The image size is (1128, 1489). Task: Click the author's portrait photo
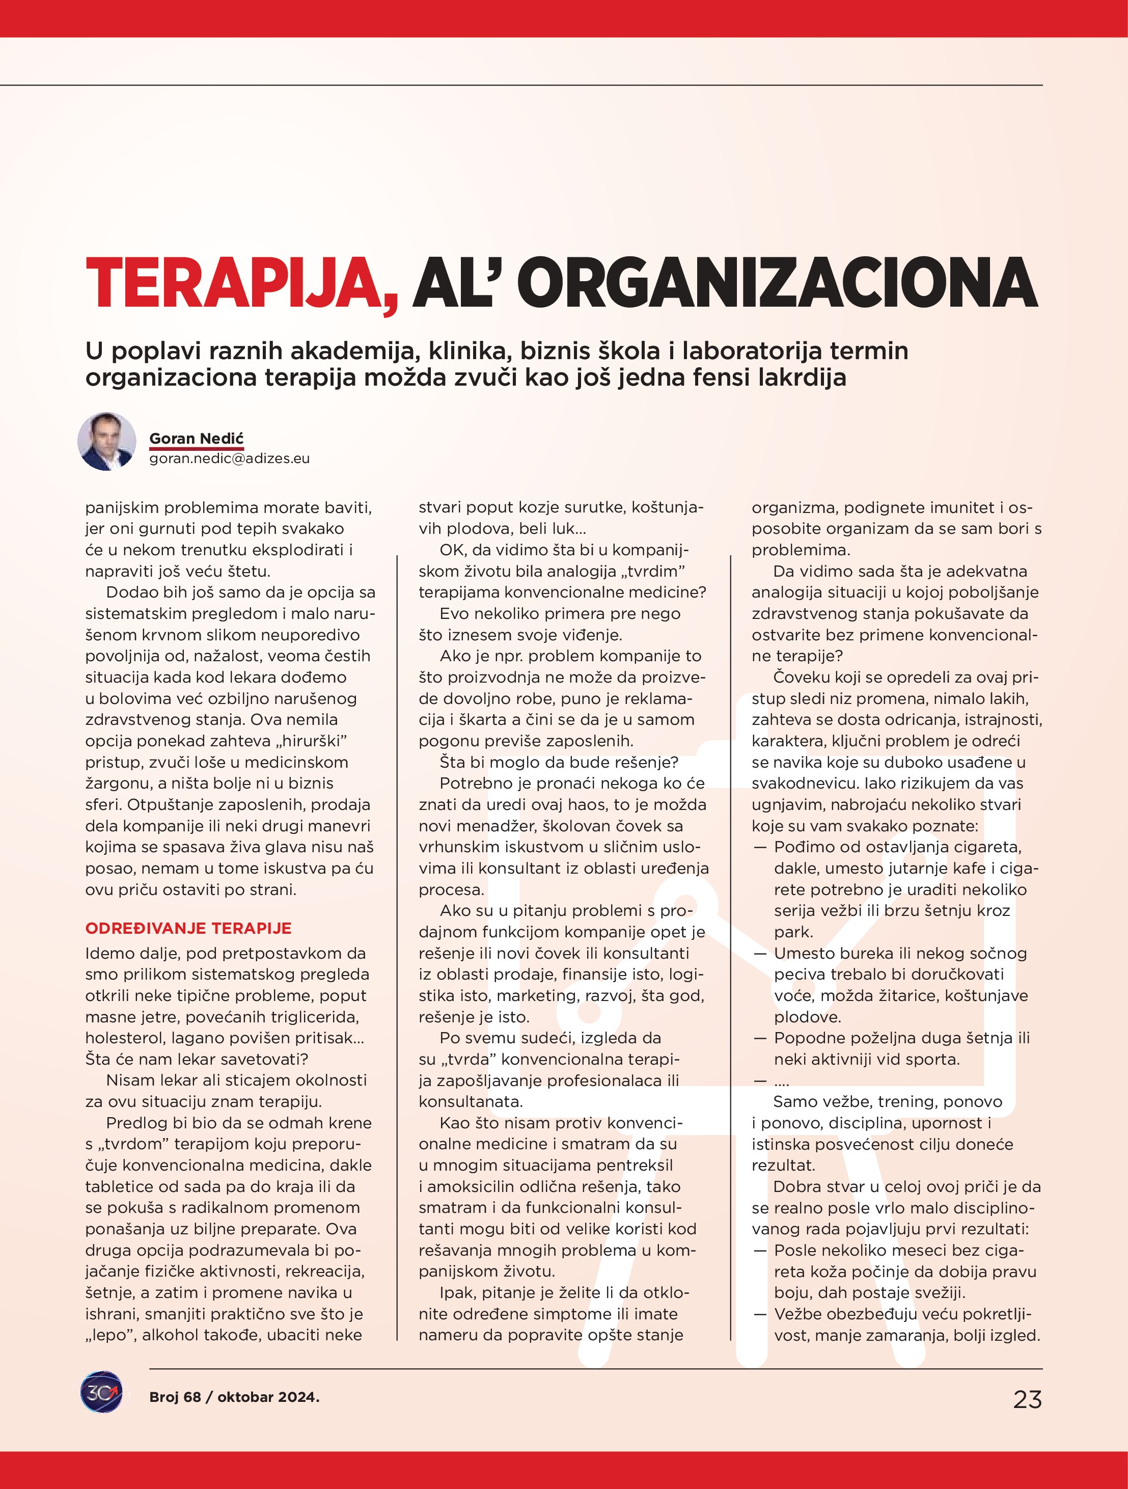[107, 442]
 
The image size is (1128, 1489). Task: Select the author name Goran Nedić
[197, 439]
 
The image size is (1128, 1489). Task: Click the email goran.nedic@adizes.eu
[230, 458]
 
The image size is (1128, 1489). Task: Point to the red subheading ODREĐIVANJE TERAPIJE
[188, 928]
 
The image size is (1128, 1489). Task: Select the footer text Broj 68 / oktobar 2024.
[234, 1397]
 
